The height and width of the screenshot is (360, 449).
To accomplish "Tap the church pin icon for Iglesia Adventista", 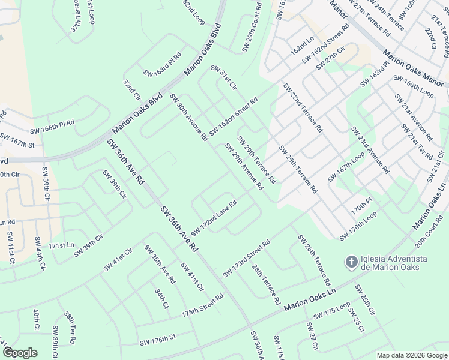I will [351, 262].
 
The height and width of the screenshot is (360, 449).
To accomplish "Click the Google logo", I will [19, 352].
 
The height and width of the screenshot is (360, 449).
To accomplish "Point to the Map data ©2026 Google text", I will [412, 355].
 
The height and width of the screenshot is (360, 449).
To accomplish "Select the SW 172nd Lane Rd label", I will [214, 218].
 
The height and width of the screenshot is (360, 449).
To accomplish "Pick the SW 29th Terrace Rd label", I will [256, 160].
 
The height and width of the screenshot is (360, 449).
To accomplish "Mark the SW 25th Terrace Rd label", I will [298, 169].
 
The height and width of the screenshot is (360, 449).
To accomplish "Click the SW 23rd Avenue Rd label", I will [369, 150].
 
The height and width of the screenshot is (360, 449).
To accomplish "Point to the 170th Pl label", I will [362, 208].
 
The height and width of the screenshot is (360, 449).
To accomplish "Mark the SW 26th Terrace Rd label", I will [315, 260].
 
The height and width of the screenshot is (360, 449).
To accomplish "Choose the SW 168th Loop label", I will [413, 86].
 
